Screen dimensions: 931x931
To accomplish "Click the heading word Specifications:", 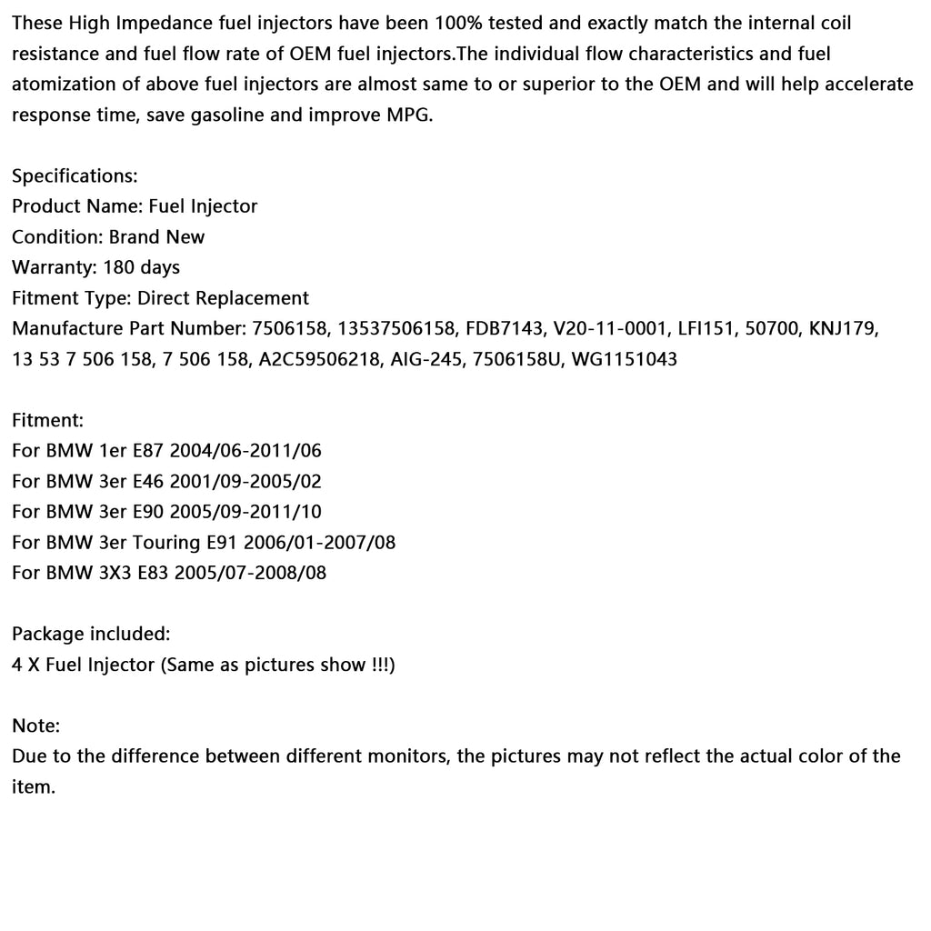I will pyautogui.click(x=75, y=175).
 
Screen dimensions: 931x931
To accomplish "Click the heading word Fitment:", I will pyautogui.click(x=47, y=420).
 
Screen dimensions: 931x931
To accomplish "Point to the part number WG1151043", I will pyautogui.click(x=624, y=359).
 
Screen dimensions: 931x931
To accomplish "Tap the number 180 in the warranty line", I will pyautogui.click(x=119, y=267).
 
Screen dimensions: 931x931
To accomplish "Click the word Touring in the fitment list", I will pyautogui.click(x=165, y=543).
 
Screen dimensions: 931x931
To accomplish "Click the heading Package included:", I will pyautogui.click(x=91, y=634).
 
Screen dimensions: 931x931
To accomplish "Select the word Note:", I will pyautogui.click(x=36, y=726).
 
